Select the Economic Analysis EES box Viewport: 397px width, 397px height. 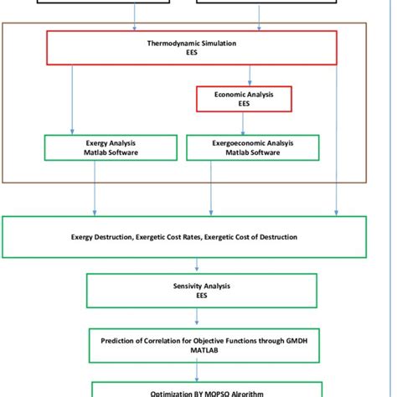click(x=243, y=100)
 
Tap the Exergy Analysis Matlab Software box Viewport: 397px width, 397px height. click(x=111, y=147)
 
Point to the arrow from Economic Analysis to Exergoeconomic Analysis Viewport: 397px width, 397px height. click(x=243, y=123)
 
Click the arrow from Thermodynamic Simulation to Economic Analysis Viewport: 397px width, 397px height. click(x=243, y=75)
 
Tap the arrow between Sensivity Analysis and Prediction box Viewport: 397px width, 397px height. click(x=197, y=317)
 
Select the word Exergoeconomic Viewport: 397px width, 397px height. click(x=230, y=142)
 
